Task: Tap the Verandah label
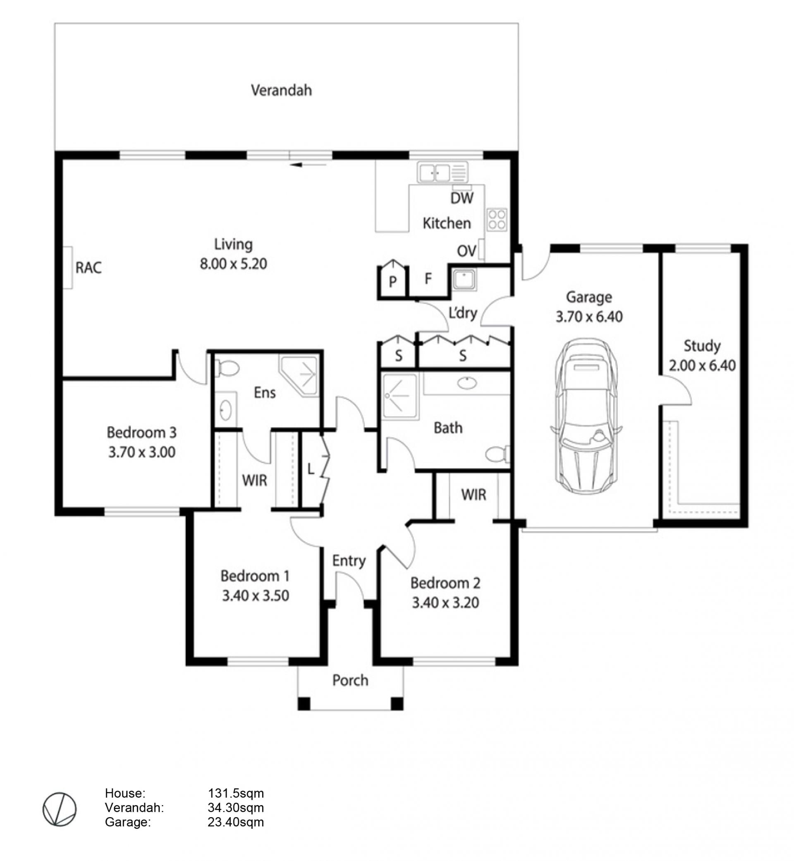[282, 90]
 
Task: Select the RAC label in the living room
[88, 268]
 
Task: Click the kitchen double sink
[442, 173]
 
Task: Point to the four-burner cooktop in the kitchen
[497, 220]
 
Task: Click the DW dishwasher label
[462, 198]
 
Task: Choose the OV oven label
[466, 251]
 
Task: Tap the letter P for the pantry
[393, 282]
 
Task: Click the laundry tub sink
[464, 279]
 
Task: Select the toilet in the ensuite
[227, 368]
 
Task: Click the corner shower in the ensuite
[299, 375]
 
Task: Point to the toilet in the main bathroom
[497, 454]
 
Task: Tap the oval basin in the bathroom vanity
[466, 383]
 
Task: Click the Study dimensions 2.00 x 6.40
[702, 366]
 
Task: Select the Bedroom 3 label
[141, 432]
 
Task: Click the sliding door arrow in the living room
[308, 165]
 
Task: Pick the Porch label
[350, 681]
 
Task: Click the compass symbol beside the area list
[59, 809]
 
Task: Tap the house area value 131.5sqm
[236, 793]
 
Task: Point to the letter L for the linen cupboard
[311, 469]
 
